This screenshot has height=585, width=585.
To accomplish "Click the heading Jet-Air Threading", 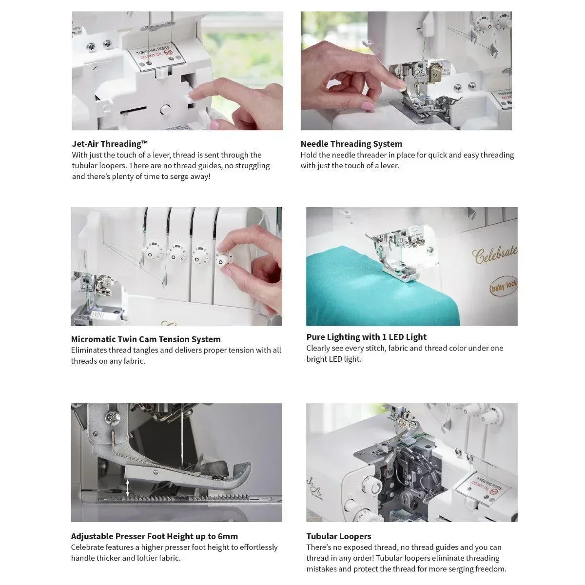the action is click(110, 144).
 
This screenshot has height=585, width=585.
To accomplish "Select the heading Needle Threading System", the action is click(351, 144).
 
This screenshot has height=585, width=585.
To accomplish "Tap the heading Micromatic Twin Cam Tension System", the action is click(146, 339).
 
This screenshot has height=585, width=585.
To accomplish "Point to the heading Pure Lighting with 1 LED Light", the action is click(366, 337).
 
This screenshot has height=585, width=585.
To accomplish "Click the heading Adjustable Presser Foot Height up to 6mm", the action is click(154, 536).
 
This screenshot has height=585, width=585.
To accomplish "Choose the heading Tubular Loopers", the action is click(338, 536).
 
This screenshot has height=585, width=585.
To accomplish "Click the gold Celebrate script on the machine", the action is click(494, 254).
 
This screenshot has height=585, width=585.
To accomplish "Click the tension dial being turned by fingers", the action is click(223, 260).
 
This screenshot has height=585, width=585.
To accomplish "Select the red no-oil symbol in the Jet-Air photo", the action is click(168, 52).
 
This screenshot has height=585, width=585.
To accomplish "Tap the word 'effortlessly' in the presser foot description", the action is click(259, 547).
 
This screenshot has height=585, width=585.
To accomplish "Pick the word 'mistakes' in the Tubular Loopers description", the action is click(321, 569).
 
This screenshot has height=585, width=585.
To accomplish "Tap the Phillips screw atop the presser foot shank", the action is click(111, 418).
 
